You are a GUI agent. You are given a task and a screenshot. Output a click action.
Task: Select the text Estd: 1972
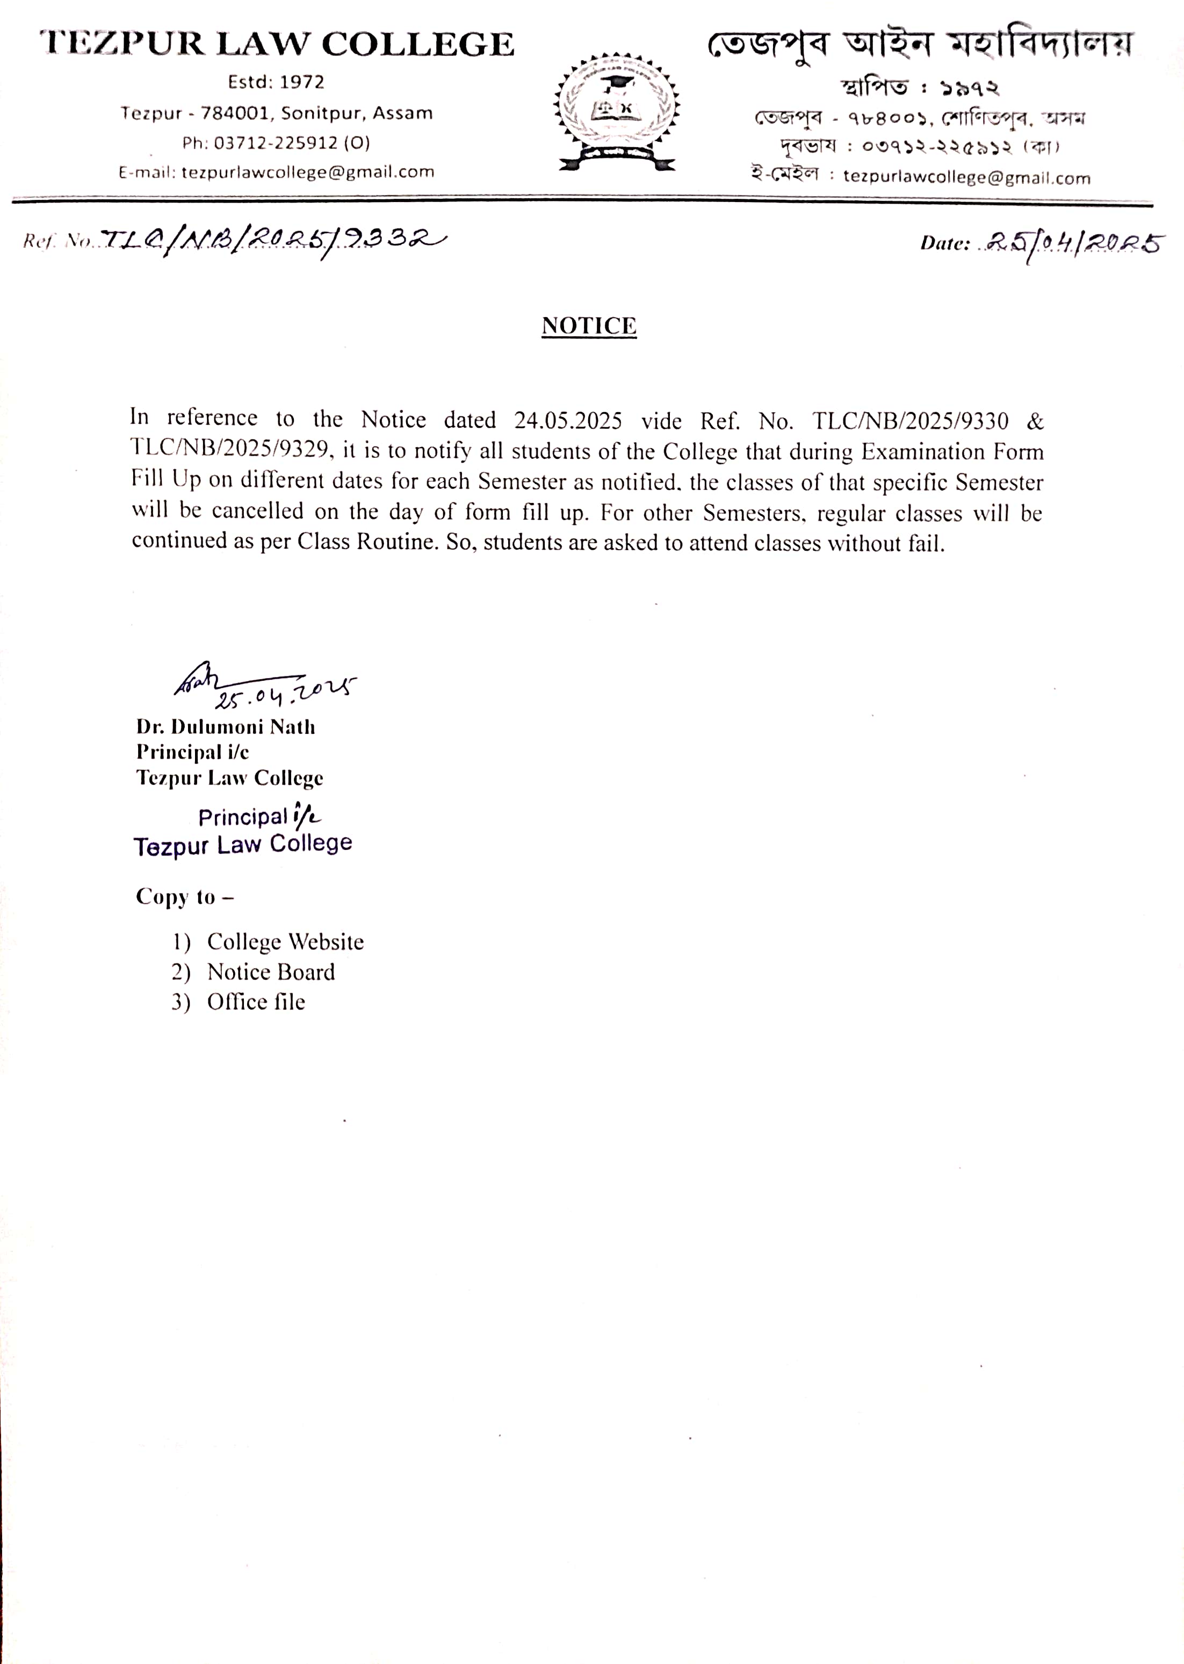(x=276, y=82)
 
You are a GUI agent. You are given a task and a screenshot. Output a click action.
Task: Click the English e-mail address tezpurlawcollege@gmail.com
(x=308, y=172)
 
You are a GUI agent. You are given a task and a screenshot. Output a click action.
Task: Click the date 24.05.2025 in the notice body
(x=568, y=421)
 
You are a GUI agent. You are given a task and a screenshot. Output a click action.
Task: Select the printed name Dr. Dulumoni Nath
(x=226, y=727)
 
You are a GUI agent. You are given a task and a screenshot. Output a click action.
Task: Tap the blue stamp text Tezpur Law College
(x=243, y=845)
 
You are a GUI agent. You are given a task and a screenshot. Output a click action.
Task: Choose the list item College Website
(x=285, y=942)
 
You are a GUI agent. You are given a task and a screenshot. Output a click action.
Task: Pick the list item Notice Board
(x=271, y=972)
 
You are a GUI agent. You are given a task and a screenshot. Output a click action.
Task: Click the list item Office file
(x=256, y=1002)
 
